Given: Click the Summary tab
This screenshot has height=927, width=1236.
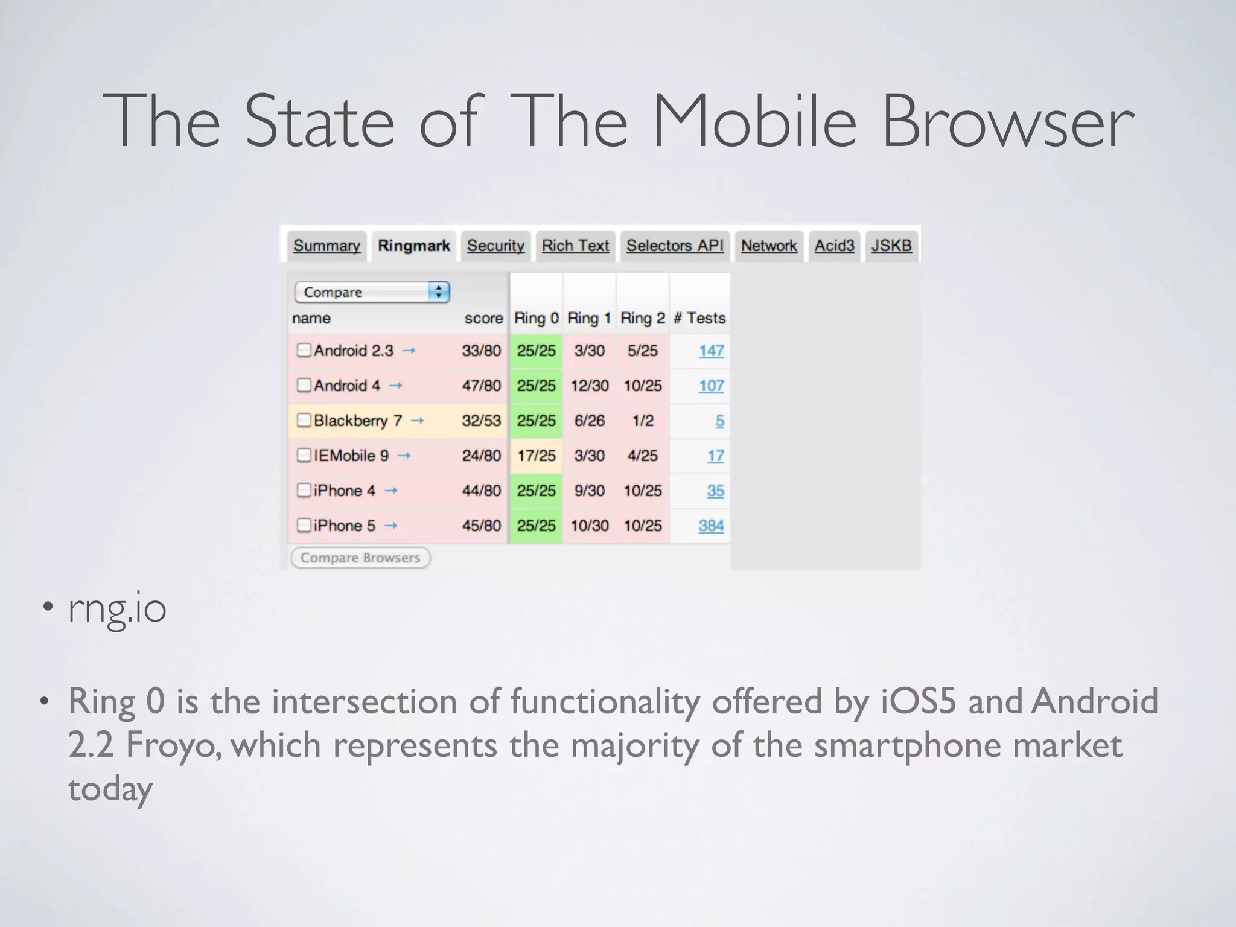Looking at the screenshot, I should click(x=327, y=246).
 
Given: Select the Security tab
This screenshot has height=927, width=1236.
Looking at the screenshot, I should click(x=495, y=246).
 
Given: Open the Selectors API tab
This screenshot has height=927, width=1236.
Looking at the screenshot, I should click(x=675, y=246).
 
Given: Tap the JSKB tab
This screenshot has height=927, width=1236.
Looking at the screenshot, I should click(x=891, y=246).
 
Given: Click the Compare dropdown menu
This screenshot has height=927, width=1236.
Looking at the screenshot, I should click(x=372, y=292).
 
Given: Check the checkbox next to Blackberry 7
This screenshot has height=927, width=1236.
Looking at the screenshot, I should click(x=304, y=420).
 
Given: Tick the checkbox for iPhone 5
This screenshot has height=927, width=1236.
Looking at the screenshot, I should click(x=304, y=525).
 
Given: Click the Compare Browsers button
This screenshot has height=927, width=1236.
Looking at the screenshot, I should click(x=360, y=558).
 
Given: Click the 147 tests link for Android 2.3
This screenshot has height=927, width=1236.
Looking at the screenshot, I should click(x=711, y=351).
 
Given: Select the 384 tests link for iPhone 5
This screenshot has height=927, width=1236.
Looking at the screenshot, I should click(x=711, y=526).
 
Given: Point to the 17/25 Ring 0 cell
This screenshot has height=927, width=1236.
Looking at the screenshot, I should click(x=536, y=456).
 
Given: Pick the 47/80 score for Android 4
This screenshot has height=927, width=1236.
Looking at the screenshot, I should click(x=481, y=386).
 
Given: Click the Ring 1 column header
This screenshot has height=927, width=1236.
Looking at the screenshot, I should click(x=589, y=318).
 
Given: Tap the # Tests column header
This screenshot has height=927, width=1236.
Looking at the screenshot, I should click(x=699, y=318).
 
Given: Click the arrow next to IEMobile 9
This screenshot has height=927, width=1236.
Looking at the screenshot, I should click(x=404, y=456).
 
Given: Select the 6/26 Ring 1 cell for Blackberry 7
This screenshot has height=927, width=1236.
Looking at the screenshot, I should click(x=589, y=421).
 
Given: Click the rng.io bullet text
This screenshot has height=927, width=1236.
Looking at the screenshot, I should click(x=117, y=608).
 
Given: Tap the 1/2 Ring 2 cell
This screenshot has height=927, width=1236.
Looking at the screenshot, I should click(x=643, y=421).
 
